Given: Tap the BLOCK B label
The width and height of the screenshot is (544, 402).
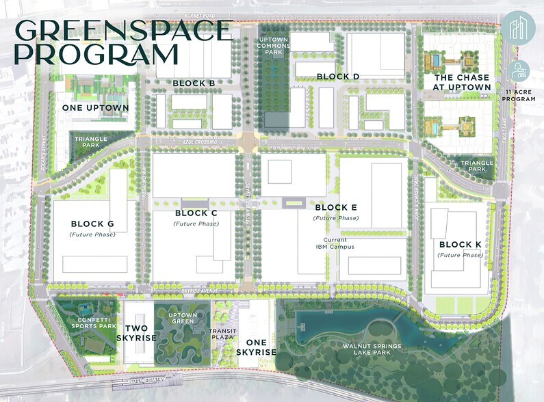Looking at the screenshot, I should (194, 83).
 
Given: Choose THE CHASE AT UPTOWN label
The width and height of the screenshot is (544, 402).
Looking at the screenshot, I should (462, 83).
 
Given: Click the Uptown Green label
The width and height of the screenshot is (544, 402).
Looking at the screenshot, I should (183, 319).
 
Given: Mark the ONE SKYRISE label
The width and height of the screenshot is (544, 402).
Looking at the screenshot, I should (256, 347).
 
